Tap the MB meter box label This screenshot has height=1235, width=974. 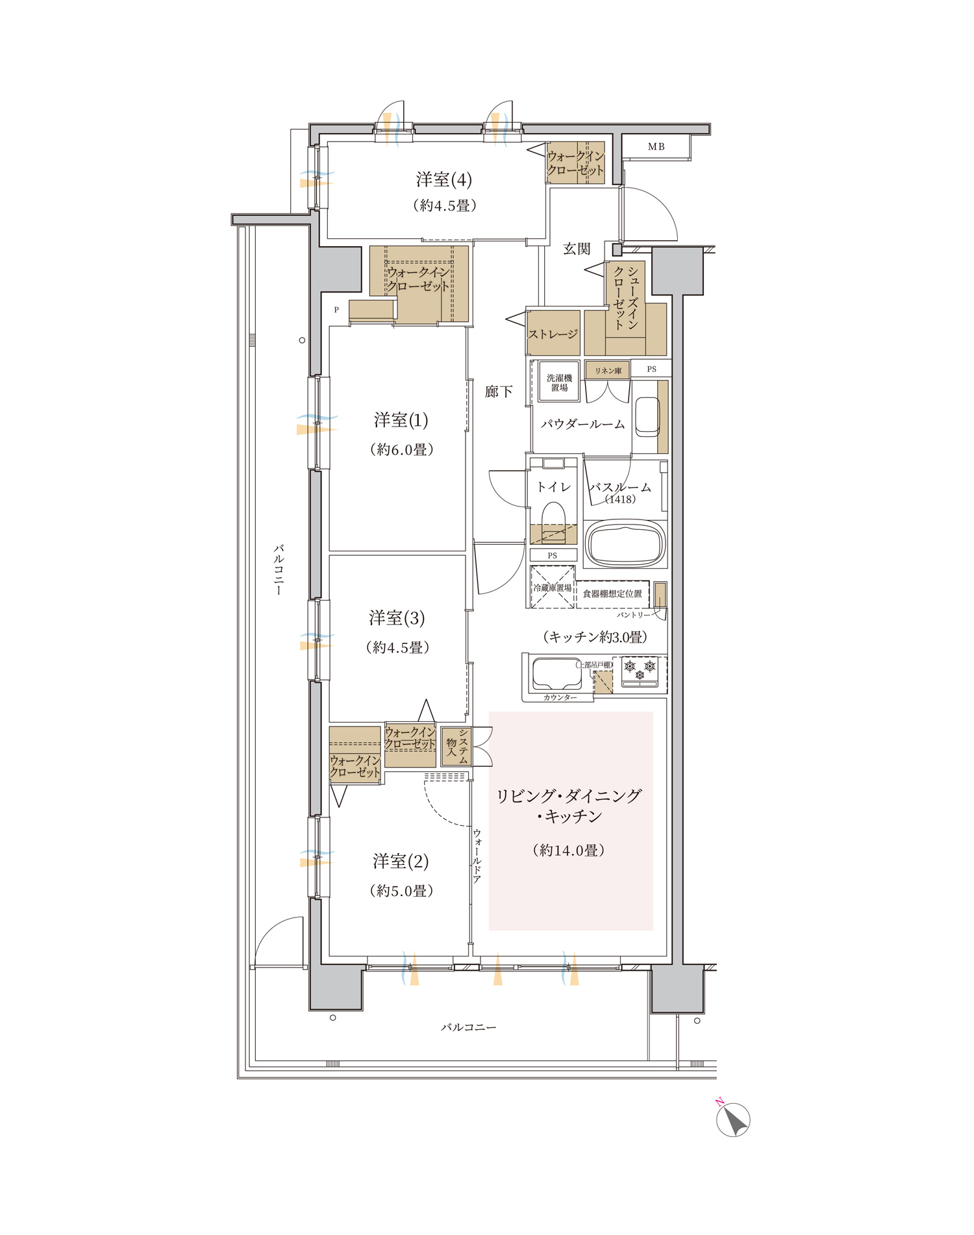pos(656,147)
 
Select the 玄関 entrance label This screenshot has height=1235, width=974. pos(577,249)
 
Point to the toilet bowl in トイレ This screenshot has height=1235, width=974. pos(553,516)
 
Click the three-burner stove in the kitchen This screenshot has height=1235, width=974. pos(640,671)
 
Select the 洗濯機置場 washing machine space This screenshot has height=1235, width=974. pos(559,382)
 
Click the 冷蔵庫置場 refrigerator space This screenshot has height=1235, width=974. pos(553,587)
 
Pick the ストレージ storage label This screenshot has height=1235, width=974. pos(553,334)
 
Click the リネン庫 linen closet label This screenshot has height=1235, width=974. pos(608,370)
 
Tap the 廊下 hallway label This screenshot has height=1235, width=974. pos(499,392)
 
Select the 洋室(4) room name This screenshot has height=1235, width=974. pos(444,179)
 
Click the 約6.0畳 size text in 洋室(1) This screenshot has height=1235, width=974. pos(402,449)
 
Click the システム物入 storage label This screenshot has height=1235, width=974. pos(456,746)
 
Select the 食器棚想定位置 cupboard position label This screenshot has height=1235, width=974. pos(612,593)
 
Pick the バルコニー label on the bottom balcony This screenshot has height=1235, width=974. pos(468,1027)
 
